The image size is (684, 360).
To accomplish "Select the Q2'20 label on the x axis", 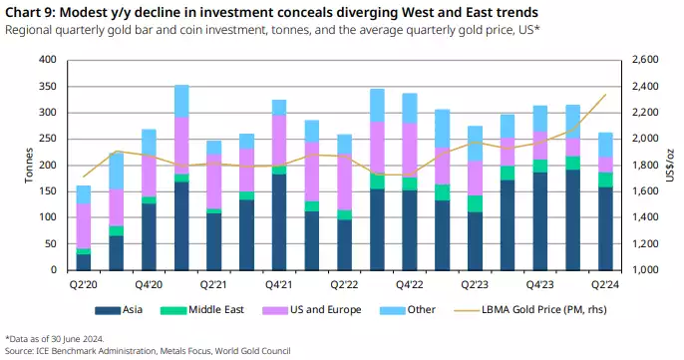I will coord(84,283).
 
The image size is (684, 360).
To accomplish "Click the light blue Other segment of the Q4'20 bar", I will coord(181,101).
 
